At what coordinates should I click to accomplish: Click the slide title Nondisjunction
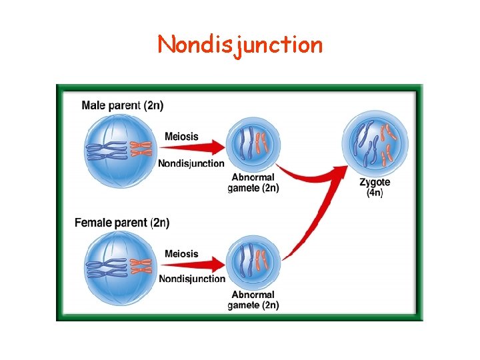240,45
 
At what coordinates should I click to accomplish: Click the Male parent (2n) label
122,105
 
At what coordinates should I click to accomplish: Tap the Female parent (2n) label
122,222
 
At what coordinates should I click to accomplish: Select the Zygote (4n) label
375,187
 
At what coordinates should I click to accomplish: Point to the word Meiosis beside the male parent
181,136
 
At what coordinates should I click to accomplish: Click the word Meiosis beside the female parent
181,253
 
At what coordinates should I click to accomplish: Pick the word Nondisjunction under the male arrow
191,163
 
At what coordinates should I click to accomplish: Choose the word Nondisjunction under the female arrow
192,279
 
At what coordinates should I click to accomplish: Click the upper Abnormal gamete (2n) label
253,182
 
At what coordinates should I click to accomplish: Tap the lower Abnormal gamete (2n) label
253,299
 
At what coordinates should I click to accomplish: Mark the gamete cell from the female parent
253,261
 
